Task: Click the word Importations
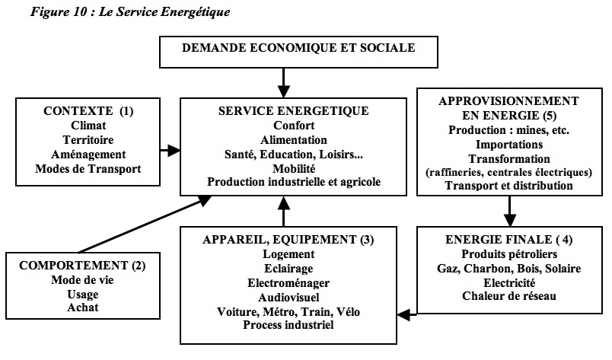509,144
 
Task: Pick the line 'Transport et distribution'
509,186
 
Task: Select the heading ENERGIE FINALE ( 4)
509,239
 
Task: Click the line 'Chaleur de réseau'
509,296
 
